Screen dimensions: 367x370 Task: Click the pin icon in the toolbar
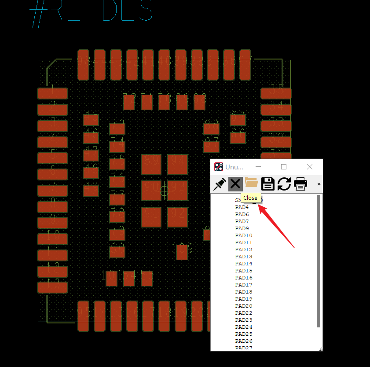tap(219, 183)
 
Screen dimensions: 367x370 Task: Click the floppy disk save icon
tap(268, 183)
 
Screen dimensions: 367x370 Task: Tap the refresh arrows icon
tap(284, 183)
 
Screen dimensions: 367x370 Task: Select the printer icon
tap(300, 183)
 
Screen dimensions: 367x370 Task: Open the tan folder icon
tap(251, 183)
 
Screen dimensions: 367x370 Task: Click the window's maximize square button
tap(284, 167)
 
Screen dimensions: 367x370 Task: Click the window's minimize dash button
tap(259, 167)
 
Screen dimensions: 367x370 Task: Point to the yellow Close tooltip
tap(250, 198)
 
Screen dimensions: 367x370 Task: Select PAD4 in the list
tap(242, 207)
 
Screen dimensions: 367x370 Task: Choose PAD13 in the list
tap(244, 257)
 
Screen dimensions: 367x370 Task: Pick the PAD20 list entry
tap(244, 306)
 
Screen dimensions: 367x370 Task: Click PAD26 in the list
tap(244, 341)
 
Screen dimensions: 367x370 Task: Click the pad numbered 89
tap(151, 164)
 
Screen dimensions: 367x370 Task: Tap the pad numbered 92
tap(177, 217)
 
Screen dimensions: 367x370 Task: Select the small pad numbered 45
tap(91, 120)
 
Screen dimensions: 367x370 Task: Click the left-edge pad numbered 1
tap(53, 93)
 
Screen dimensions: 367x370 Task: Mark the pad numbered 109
tap(182, 251)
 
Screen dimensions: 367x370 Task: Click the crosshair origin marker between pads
tap(165, 191)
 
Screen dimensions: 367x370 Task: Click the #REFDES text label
tap(92, 12)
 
